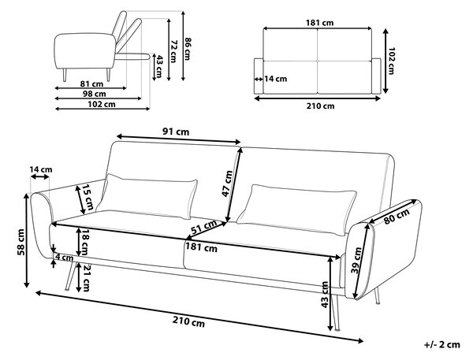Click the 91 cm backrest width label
176,132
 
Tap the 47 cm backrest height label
228,184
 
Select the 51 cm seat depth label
204,227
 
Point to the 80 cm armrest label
397,217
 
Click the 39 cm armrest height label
357,260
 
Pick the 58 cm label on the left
21,242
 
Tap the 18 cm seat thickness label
85,242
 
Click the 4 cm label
65,258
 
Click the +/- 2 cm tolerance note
442,344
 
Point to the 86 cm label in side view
188,48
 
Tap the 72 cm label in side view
173,50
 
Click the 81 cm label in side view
91,84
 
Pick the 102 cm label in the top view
391,61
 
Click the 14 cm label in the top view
276,79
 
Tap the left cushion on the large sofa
147,196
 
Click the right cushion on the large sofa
296,210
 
